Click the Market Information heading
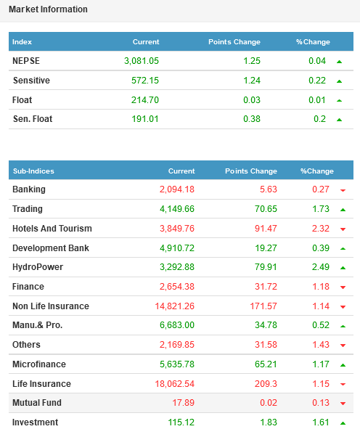click(48, 9)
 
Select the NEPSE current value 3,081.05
click(142, 61)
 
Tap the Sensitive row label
click(31, 81)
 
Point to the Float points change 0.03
click(252, 100)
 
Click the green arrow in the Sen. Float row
click(339, 120)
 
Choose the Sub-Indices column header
click(33, 171)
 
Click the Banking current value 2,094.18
click(177, 189)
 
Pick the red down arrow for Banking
click(343, 190)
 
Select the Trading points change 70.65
click(266, 209)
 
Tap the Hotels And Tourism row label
click(52, 229)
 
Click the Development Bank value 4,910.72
click(177, 248)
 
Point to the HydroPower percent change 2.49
click(321, 267)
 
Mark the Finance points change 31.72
click(266, 287)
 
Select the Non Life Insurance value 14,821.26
click(174, 306)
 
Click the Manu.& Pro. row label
click(38, 325)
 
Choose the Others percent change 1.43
click(321, 345)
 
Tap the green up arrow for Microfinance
click(343, 365)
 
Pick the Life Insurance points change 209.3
click(266, 384)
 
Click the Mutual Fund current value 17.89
click(184, 403)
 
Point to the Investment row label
click(36, 422)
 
